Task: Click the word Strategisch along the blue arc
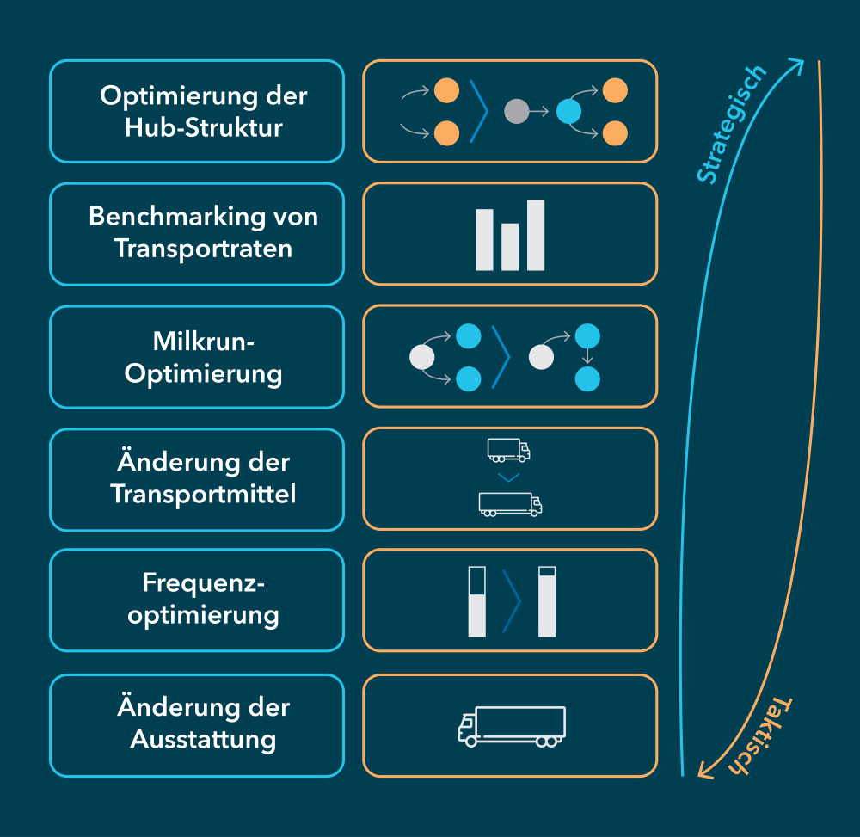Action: tap(730, 124)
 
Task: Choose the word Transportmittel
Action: tap(203, 494)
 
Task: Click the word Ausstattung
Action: tap(203, 739)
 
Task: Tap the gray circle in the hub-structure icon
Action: tap(517, 111)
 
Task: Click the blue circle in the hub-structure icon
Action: tap(568, 111)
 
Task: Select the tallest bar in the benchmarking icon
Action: tap(536, 234)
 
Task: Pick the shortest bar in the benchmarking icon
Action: tap(510, 246)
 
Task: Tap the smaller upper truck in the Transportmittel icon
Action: tap(508, 449)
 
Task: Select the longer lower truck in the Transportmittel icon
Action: tap(510, 504)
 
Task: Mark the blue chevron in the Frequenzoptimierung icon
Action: tap(512, 600)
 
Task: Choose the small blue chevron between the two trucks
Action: tap(509, 477)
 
